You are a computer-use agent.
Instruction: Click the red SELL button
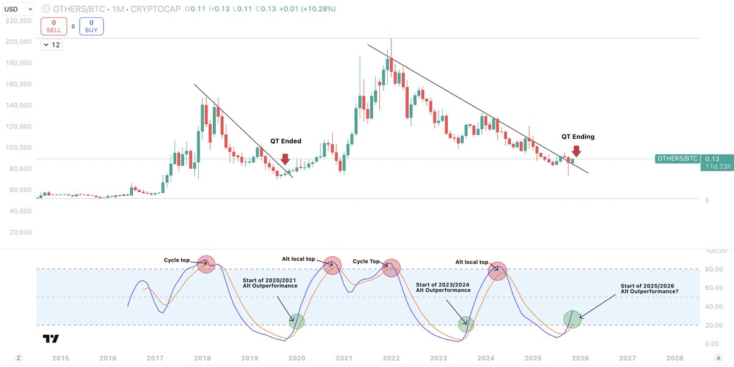53,26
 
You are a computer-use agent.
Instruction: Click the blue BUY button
91,26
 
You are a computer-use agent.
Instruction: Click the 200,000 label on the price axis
18,42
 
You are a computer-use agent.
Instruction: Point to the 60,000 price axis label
18,190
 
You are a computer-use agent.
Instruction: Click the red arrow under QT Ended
285,160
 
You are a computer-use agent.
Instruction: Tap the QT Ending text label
578,136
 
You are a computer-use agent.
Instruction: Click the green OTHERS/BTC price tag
677,158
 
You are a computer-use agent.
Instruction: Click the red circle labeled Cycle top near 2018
207,264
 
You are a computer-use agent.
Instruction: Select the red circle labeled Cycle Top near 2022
391,267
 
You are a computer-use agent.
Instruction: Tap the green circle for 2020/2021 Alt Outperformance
296,321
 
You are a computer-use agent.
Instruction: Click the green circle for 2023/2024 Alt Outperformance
466,324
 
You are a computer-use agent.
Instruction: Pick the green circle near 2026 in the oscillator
573,319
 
